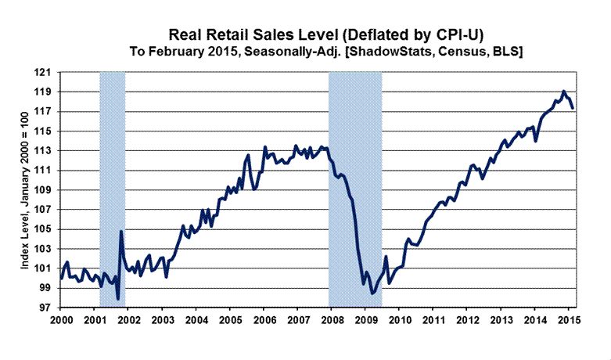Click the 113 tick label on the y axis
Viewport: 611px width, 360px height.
(x=47, y=150)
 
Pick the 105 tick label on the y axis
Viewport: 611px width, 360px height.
(x=47, y=229)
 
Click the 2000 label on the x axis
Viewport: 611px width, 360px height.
(x=61, y=321)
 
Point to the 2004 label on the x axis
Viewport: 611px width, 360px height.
(x=196, y=321)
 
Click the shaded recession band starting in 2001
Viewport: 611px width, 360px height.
(x=113, y=188)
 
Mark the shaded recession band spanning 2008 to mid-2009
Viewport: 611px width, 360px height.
(x=355, y=188)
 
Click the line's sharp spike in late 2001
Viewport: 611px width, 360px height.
(x=121, y=231)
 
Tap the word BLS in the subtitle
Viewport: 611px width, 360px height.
(x=511, y=51)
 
